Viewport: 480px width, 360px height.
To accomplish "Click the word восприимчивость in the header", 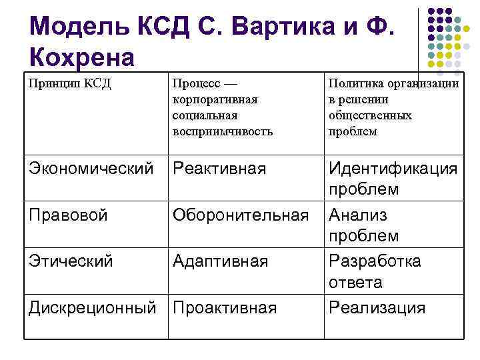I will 222,131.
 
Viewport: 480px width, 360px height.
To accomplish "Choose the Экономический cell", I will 91,169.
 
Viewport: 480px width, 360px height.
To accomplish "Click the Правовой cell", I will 69,215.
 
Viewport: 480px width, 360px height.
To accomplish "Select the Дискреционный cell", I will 93,307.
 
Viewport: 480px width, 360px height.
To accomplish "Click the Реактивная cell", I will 219,169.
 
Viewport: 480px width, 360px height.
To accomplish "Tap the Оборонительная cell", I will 241,215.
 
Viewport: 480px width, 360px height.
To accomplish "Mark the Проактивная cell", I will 224,307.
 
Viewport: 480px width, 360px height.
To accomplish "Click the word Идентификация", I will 393,169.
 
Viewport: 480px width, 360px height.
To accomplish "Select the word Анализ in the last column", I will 358,215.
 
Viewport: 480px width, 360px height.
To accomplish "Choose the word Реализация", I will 377,307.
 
